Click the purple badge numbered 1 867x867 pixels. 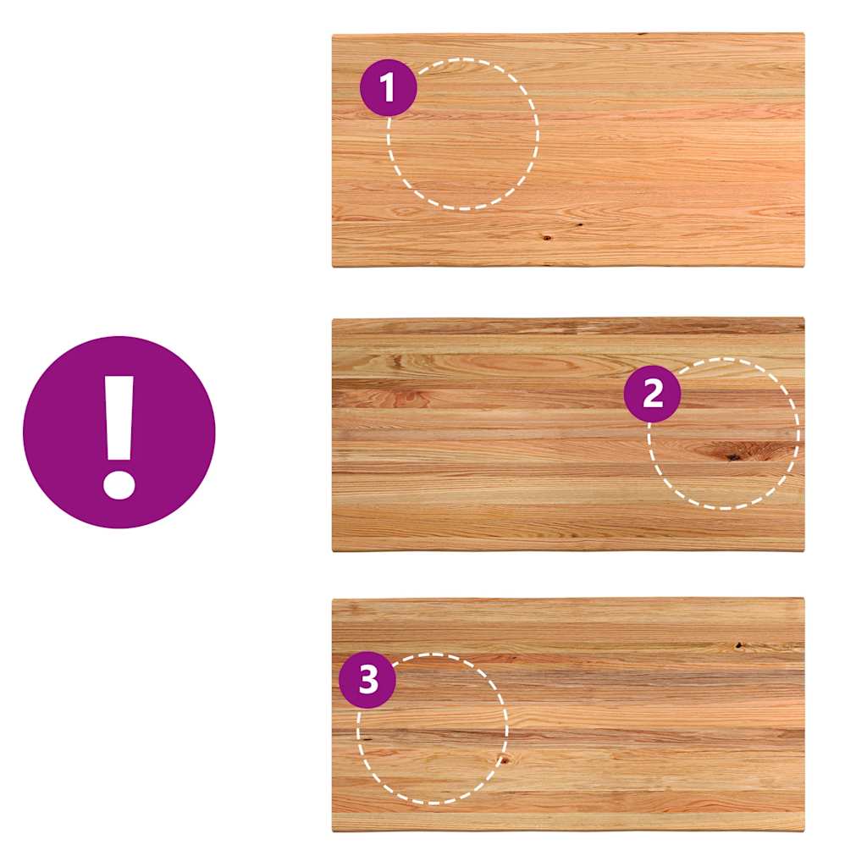point(388,87)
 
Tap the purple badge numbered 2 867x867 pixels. point(653,394)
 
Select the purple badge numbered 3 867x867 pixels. point(367,680)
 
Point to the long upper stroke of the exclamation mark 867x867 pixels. point(119,418)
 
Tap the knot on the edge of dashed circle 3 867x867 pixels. point(504,759)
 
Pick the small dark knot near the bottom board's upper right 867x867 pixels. point(738,644)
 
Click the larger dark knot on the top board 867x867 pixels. point(546,238)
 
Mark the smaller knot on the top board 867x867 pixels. point(580,225)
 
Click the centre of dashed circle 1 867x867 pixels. point(463,134)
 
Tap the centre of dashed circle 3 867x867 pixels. point(433,728)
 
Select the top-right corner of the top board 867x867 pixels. point(804,34)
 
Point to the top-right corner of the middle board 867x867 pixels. point(804,318)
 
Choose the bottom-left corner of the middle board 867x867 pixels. point(333,550)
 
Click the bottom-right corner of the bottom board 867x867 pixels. point(804,831)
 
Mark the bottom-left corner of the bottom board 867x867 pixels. point(333,831)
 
